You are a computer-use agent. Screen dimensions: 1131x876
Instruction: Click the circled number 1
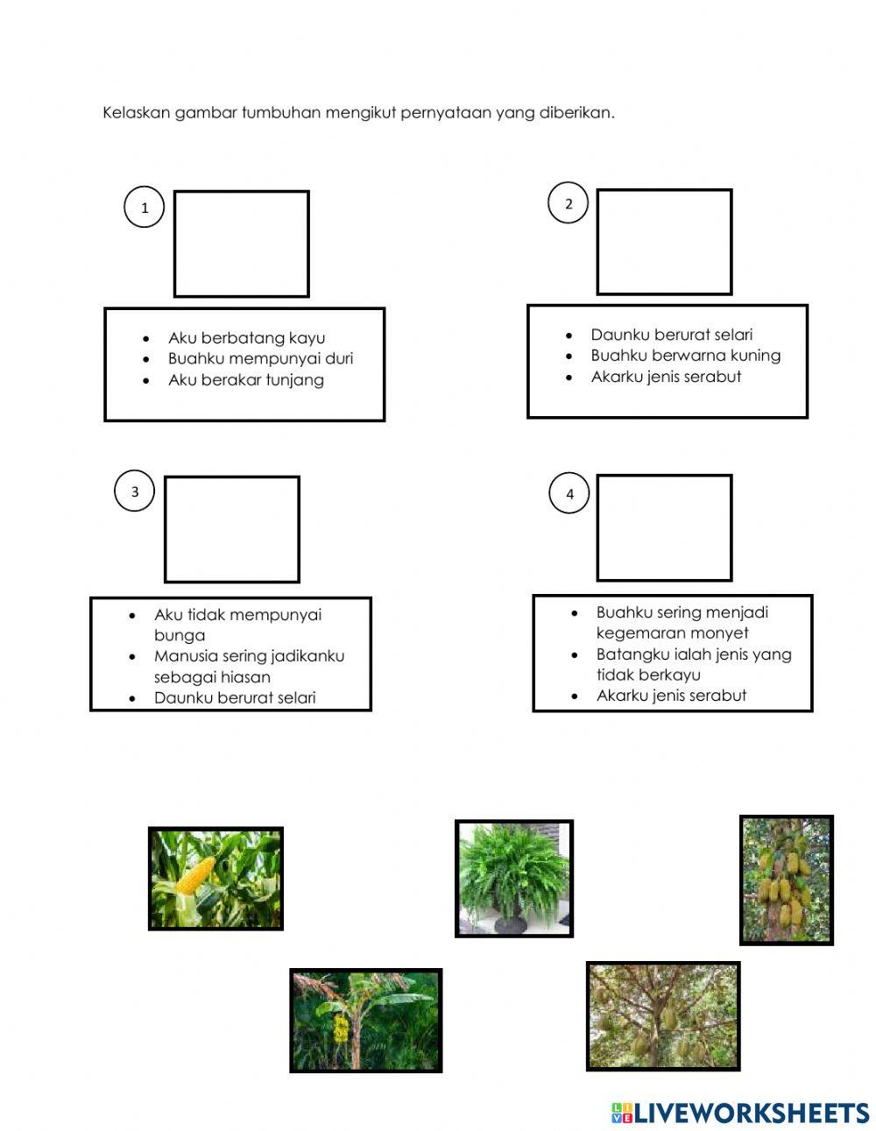[x=145, y=208]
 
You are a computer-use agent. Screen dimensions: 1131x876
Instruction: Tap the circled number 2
[x=568, y=203]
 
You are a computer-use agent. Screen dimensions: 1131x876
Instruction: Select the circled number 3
[x=134, y=491]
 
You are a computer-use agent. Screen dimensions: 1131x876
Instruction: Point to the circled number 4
[x=569, y=493]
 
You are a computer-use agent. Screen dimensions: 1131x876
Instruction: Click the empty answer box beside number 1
[x=242, y=244]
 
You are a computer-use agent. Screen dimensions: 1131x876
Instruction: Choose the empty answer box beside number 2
[x=664, y=242]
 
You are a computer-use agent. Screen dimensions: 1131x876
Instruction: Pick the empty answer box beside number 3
[x=232, y=529]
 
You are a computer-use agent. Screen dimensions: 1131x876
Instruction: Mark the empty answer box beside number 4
[x=664, y=527]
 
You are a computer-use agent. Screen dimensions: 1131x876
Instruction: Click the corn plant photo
[x=215, y=879]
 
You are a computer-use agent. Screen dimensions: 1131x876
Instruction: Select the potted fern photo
[x=514, y=879]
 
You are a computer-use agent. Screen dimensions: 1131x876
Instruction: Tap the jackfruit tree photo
[x=787, y=880]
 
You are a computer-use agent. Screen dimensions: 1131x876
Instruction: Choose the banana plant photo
[x=366, y=1021]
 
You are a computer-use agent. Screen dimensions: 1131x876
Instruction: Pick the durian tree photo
[x=663, y=1016]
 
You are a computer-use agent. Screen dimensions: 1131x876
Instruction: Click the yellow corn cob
[x=195, y=875]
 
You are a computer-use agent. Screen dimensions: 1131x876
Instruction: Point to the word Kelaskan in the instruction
[x=136, y=112]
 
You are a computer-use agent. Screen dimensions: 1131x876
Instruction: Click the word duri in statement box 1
[x=339, y=358]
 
